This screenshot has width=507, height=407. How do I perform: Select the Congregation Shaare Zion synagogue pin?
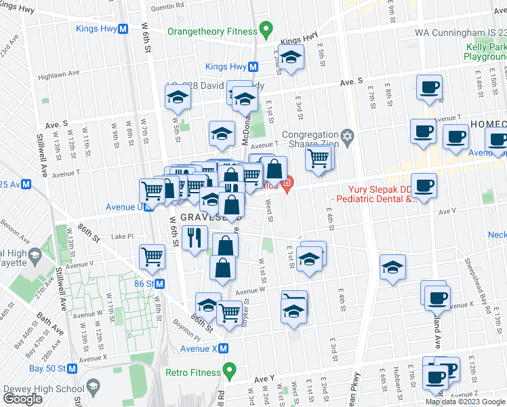348,138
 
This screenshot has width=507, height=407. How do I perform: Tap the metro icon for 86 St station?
161,283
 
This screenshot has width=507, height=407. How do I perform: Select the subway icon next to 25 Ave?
26,184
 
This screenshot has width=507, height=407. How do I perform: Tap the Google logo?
23,398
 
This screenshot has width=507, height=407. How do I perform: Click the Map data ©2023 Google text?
465,402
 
